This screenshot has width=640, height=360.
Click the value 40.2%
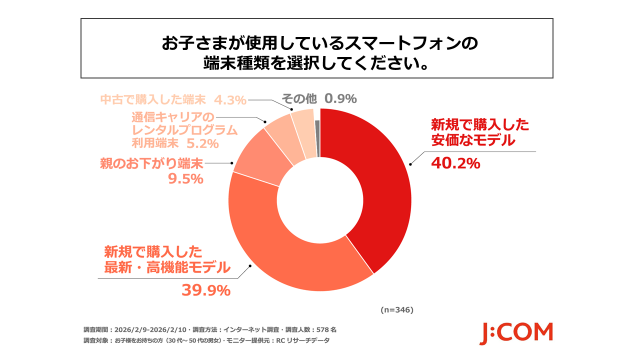pos(455,163)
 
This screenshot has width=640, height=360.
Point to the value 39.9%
pos(205,290)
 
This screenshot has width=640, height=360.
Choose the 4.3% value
pos(231,99)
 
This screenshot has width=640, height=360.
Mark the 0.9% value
pos(340,98)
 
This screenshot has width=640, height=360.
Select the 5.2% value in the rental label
pos(202,144)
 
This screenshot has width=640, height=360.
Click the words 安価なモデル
pos(472,141)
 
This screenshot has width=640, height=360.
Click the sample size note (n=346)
pos(396,310)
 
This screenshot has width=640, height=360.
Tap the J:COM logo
pos(516,332)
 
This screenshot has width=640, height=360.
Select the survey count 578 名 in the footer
pos(326,330)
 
